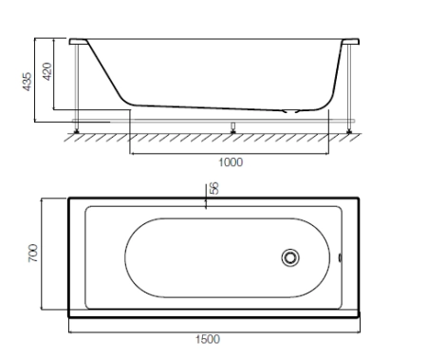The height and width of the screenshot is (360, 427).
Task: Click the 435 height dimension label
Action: [x=28, y=82]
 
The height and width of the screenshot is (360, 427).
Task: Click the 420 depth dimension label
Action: [x=47, y=71]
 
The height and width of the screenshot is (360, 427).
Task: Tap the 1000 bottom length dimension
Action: [x=231, y=162]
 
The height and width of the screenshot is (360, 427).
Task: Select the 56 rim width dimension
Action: [x=214, y=188]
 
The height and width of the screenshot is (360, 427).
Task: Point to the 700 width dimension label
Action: [x=33, y=253]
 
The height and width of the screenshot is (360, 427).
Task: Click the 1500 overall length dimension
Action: [x=208, y=339]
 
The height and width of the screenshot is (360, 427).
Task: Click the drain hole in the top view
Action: [x=290, y=257]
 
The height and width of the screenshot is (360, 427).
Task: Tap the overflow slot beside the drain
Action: [x=341, y=257]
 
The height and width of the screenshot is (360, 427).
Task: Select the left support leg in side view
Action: [x=77, y=86]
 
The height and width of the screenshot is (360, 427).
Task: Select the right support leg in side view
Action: [x=349, y=86]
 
